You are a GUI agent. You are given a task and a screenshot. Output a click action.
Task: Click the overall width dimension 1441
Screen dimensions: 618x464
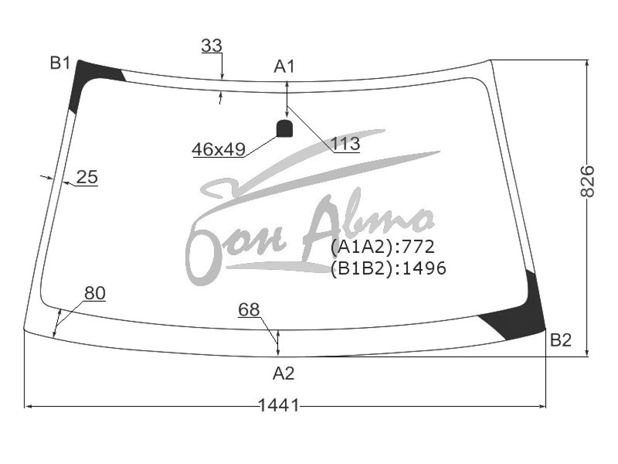(278, 406)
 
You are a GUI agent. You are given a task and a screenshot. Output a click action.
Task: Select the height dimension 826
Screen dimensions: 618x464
(587, 181)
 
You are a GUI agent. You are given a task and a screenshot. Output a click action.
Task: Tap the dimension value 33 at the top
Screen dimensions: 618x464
(211, 45)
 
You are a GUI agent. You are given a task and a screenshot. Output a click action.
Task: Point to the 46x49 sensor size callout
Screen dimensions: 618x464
(218, 149)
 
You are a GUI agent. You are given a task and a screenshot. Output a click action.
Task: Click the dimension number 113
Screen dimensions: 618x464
(345, 144)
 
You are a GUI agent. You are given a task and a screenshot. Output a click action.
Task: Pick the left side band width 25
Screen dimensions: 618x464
(87, 177)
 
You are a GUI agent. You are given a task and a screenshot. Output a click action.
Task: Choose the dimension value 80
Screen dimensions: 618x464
(95, 293)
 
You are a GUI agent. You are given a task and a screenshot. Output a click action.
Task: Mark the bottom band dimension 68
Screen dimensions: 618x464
(248, 309)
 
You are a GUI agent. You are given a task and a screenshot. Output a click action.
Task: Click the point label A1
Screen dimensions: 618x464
(284, 67)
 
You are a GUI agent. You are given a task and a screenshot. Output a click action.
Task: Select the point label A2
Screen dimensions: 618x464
(284, 374)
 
